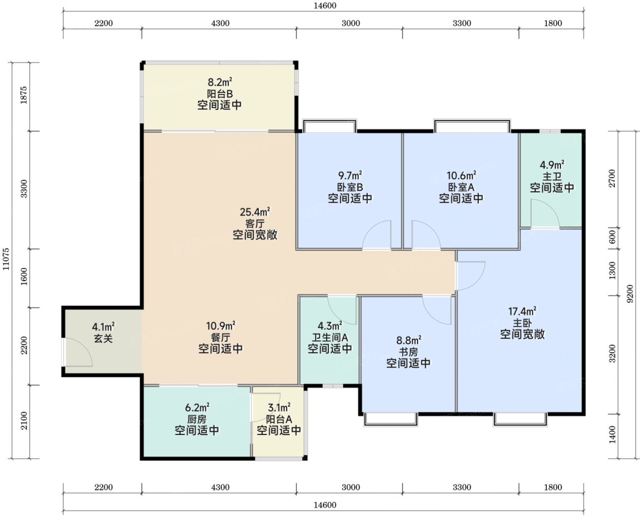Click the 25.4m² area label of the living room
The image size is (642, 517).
pyautogui.click(x=255, y=212)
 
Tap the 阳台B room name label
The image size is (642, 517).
pyautogui.click(x=220, y=94)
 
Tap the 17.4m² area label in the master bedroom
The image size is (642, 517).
pyautogui.click(x=522, y=312)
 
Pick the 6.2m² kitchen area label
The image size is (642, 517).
pyautogui.click(x=197, y=407)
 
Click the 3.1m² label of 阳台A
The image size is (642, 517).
pyautogui.click(x=279, y=407)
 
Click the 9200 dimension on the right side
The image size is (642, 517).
pyautogui.click(x=630, y=294)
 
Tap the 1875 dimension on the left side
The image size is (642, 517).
pyautogui.click(x=24, y=95)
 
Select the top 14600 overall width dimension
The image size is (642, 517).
pyautogui.click(x=325, y=6)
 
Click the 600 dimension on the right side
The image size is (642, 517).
pyautogui.click(x=612, y=237)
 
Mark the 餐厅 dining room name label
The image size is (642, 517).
pyautogui.click(x=221, y=337)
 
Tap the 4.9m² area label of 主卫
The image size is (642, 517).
pyautogui.click(x=552, y=165)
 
